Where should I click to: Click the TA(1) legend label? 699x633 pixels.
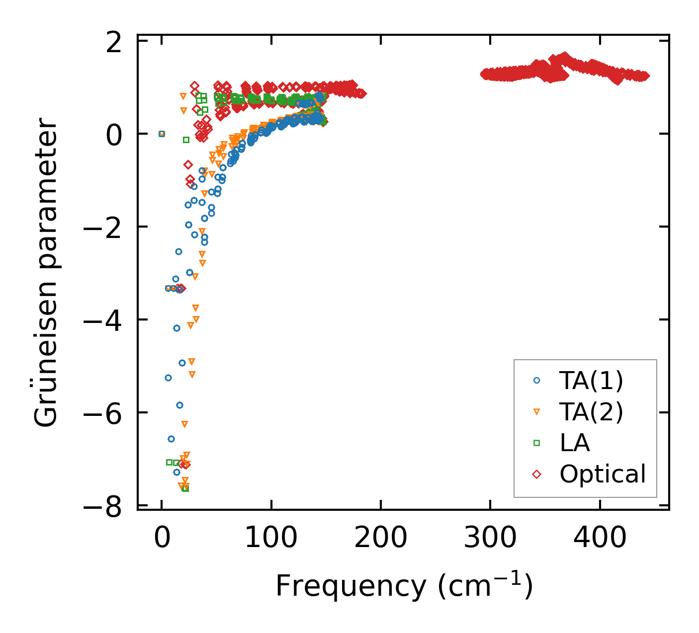pos(591,381)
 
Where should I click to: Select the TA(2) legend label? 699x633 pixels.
pos(591,412)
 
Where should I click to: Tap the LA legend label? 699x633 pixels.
pos(575,443)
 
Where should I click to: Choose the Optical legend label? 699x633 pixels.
pos(603,474)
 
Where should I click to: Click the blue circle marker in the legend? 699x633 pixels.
pos(536,381)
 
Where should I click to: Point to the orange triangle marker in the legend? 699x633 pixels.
pos(536,412)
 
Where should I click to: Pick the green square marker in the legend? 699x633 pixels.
pos(536,443)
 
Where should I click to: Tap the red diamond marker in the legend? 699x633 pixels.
pos(536,474)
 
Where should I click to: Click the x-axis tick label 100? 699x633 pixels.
pos(271,538)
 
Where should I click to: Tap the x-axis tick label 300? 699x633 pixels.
pos(490,538)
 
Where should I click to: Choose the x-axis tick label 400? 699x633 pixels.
pos(600,538)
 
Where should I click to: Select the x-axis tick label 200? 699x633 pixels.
pos(381,538)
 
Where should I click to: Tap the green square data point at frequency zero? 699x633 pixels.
pos(162,134)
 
